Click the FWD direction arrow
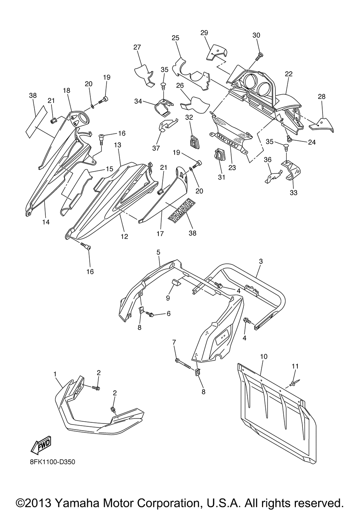[x=41, y=445]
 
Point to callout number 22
[x=289, y=74]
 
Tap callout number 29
[x=204, y=32]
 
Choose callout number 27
[x=137, y=47]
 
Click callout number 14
[x=46, y=222]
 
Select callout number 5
[x=158, y=252]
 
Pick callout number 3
[x=261, y=261]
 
